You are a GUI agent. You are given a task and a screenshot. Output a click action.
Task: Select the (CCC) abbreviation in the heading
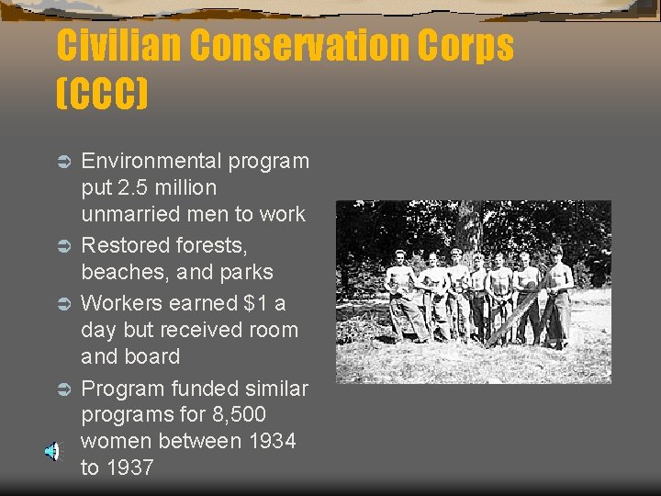tap(101, 94)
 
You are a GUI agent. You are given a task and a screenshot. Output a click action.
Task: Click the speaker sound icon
tap(53, 451)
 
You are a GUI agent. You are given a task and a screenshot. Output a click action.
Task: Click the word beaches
tap(118, 273)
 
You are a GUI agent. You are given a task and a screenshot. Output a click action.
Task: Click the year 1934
tap(272, 442)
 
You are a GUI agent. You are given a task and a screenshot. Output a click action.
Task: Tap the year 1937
tap(130, 468)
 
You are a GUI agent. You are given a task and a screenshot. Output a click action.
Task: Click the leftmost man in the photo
tap(401, 294)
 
